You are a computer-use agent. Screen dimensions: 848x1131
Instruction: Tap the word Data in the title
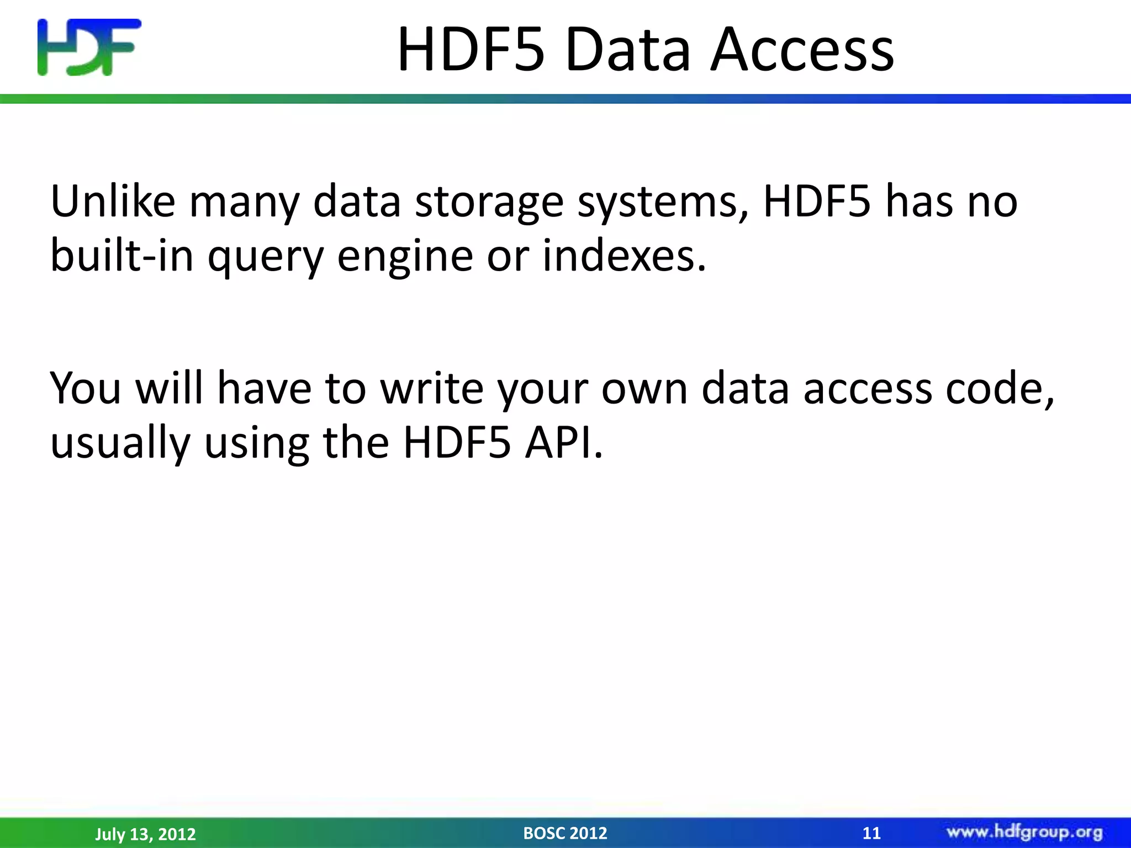(628, 51)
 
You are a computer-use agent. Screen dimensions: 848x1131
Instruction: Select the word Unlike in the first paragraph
(113, 202)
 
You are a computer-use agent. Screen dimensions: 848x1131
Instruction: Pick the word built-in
(121, 256)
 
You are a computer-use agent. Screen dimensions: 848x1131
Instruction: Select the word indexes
(624, 256)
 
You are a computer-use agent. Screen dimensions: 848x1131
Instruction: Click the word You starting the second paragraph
(86, 388)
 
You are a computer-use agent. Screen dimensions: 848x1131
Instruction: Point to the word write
(431, 388)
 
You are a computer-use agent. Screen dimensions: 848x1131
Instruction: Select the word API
(564, 443)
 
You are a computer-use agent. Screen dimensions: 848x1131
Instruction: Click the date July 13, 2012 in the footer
(145, 834)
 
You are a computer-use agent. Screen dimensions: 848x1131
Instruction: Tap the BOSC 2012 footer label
(565, 833)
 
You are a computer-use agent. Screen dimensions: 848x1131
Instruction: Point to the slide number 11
(871, 833)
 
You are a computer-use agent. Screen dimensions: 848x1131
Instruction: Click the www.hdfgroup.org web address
(1024, 832)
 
